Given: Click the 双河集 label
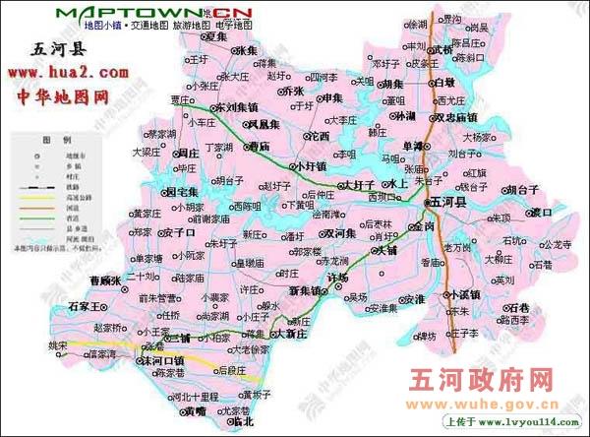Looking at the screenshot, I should pyautogui.click(x=336, y=234).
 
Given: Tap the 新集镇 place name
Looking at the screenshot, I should pyautogui.click(x=306, y=291).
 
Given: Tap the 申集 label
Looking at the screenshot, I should pyautogui.click(x=329, y=97).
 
